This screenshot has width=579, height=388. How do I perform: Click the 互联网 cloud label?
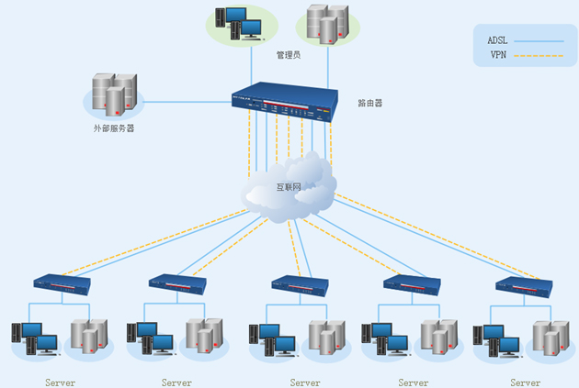289,187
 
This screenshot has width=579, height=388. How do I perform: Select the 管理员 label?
289,55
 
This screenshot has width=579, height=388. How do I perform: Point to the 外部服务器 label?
114,128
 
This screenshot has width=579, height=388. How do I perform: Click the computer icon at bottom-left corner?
35,338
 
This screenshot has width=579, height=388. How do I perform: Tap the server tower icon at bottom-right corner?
551,338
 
